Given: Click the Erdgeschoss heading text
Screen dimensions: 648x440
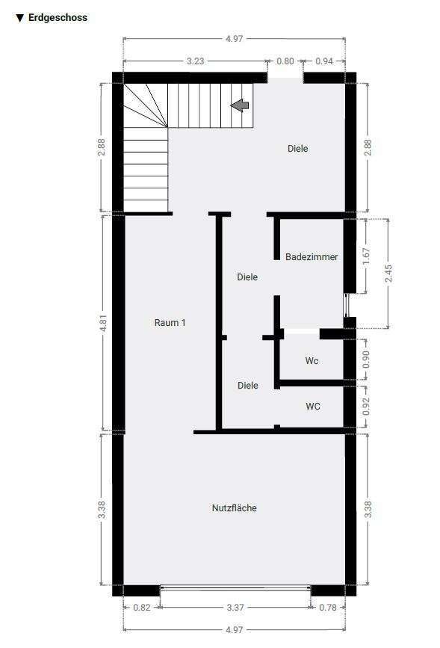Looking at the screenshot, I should tap(58, 17).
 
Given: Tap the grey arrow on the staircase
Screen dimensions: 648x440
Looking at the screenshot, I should tap(240, 105).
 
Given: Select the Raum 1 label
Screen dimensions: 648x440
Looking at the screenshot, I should tap(170, 322).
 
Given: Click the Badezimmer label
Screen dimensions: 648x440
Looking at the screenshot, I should tap(312, 256).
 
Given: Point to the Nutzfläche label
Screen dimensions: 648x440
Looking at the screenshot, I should tap(234, 507).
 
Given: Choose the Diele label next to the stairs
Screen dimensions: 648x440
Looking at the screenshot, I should tap(297, 148).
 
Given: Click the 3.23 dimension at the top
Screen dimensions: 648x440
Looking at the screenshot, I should tap(194, 61).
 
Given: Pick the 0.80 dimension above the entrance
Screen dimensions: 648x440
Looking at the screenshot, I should tap(285, 61).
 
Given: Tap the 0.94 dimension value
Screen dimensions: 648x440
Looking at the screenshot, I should tap(323, 61).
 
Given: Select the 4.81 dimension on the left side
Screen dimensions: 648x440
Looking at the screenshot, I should tap(103, 323).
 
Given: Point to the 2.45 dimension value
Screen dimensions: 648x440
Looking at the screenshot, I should tap(388, 273).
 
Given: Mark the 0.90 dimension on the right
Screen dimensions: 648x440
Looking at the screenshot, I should tap(366, 360).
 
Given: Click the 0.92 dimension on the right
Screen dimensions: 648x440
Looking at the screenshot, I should tap(366, 407).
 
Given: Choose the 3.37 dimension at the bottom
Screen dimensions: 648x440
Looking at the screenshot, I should tap(235, 607).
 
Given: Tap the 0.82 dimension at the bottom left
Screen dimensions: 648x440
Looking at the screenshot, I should tap(141, 607).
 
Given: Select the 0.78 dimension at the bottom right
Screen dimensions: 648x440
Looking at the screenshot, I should tap(327, 607).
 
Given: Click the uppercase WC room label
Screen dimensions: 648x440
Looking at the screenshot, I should tap(313, 406).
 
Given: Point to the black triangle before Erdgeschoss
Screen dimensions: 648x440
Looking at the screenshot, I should tap(19, 17).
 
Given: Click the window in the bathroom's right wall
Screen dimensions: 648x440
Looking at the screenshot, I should tap(345, 306).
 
